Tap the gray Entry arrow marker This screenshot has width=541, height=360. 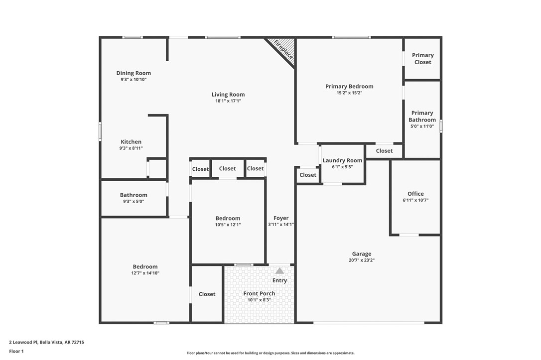point(280,271)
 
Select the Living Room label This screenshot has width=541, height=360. point(228,95)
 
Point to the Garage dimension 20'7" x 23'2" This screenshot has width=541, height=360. point(362,260)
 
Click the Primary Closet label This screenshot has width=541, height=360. point(422,59)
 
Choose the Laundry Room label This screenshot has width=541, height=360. point(342,160)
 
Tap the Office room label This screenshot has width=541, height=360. point(415,194)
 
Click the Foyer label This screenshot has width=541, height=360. point(281,218)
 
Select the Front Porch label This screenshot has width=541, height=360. point(259,294)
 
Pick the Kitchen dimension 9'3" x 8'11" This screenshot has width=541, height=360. point(131,148)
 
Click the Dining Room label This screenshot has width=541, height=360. point(134,73)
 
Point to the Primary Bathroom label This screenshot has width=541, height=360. point(422,117)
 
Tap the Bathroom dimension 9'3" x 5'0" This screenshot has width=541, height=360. point(134,202)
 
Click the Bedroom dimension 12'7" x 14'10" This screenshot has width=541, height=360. point(145,273)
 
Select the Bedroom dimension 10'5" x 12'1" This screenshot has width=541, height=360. point(228,225)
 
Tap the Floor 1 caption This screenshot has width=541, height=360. point(16,351)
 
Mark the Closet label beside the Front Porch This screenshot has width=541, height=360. point(207,294)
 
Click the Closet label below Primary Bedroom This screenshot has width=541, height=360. point(384,151)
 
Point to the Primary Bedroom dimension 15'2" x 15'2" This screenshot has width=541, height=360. point(349,93)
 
